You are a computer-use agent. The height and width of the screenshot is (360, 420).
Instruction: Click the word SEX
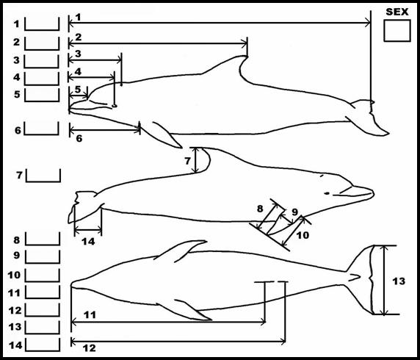pyautogui.click(x=397, y=12)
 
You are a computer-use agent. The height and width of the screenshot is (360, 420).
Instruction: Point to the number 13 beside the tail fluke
pyautogui.click(x=399, y=281)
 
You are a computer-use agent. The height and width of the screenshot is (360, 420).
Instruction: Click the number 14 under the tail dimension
pyautogui.click(x=88, y=242)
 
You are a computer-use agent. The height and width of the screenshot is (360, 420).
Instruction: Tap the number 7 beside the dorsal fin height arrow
pyautogui.click(x=187, y=161)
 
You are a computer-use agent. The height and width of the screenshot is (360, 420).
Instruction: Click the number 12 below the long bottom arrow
pyautogui.click(x=89, y=348)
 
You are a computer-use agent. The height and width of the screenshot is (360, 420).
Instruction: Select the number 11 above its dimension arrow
pyautogui.click(x=90, y=314)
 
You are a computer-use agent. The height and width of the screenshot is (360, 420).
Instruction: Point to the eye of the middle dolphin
pyautogui.click(x=327, y=193)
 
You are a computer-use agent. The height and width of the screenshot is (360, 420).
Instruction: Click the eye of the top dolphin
pyautogui.click(x=115, y=106)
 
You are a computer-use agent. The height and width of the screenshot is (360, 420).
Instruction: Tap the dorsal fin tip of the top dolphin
pyautogui.click(x=245, y=56)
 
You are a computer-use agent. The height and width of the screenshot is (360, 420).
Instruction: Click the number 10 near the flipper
pyautogui.click(x=303, y=235)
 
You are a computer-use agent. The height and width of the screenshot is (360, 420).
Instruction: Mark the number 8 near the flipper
pyautogui.click(x=260, y=209)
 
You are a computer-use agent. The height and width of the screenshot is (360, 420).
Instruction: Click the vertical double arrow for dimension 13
pyautogui.click(x=385, y=280)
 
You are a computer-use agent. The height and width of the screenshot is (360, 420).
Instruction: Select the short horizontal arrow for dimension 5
pyautogui.click(x=79, y=96)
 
